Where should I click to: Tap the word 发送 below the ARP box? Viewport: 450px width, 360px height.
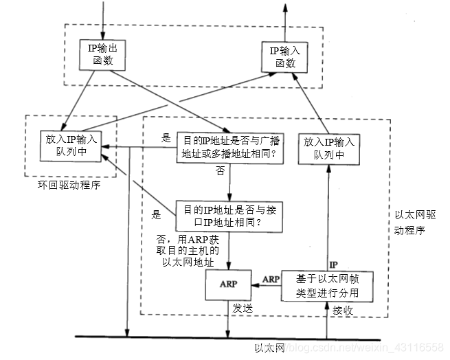pos(243,308)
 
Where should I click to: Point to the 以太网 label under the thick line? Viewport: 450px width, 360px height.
pos(269,348)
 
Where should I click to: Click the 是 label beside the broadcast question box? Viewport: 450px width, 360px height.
pos(166,137)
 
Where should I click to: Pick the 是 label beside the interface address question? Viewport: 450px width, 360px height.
pos(155,214)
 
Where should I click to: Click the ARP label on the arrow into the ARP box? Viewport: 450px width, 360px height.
pos(271,279)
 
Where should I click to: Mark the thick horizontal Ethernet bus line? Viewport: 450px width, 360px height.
pos(206,337)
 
